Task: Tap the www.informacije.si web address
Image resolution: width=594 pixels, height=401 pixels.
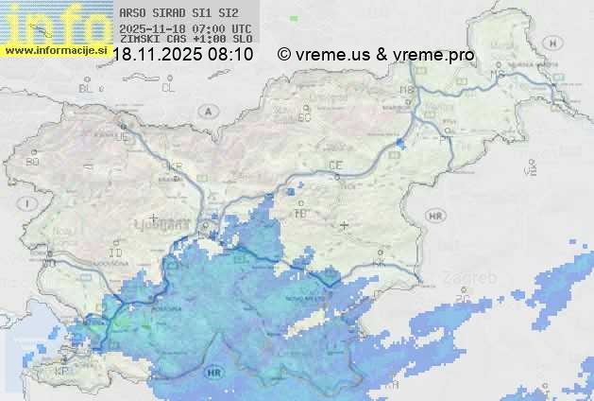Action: [54, 50]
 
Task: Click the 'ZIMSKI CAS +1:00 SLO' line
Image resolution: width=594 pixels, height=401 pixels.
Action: [186, 39]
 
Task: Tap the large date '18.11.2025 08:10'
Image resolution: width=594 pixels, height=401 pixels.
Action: [183, 55]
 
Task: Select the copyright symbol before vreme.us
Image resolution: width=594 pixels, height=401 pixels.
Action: [284, 55]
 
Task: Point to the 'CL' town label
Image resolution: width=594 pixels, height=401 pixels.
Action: [168, 88]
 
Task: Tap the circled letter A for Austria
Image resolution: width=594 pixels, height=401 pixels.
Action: [207, 112]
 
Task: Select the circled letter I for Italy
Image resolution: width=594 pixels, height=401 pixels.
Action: [31, 203]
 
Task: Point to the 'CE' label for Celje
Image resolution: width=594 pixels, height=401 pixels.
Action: [335, 166]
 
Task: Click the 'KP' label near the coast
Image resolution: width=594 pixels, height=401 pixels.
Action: [62, 372]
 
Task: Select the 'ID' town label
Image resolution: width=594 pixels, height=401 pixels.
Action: [116, 254]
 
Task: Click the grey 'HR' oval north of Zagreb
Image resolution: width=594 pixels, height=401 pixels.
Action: [435, 216]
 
